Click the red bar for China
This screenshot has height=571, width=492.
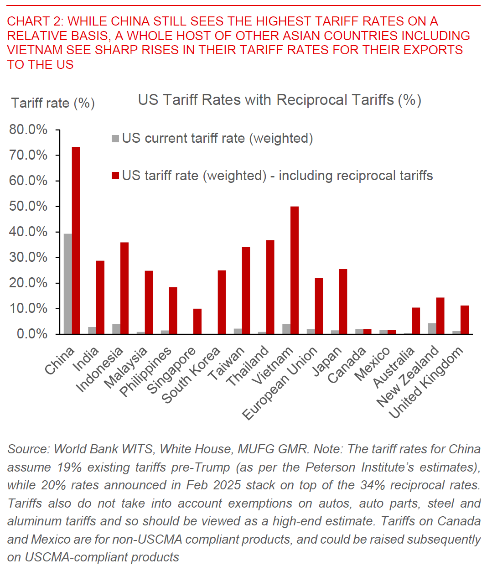76,240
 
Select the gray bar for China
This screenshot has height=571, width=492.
67,284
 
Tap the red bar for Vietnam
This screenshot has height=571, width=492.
295,270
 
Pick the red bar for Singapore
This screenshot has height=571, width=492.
197,321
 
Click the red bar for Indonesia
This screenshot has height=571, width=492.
124,288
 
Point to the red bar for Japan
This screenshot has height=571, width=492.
343,301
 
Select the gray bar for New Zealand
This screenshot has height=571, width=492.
432,328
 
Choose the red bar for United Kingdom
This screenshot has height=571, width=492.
464,320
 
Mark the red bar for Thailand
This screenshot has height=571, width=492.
270,287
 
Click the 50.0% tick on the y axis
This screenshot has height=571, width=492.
28,206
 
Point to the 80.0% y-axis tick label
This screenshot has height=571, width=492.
28,130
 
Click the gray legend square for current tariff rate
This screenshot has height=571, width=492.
115,138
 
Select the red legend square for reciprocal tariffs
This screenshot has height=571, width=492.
115,176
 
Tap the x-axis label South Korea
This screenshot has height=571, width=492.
191,375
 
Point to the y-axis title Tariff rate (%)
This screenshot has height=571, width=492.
53,103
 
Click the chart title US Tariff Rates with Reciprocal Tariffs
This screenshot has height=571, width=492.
279,100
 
